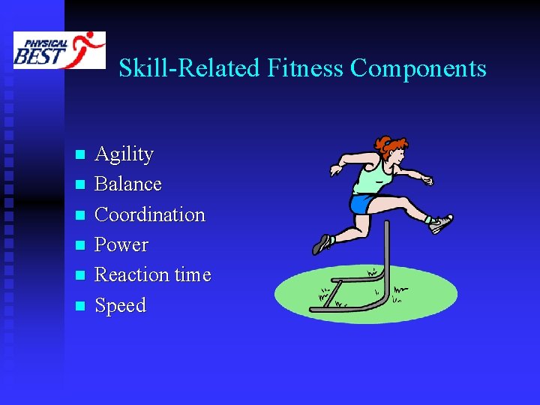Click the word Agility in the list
(x=124, y=154)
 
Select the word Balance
(x=128, y=184)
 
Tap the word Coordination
(x=150, y=214)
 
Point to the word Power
(x=121, y=245)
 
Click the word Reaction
(x=131, y=275)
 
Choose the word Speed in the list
(x=120, y=306)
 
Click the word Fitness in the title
(x=304, y=69)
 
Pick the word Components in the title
(x=418, y=69)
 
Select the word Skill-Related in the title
(x=188, y=69)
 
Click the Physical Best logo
(x=59, y=50)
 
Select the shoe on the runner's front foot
(x=440, y=223)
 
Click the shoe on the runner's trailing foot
(x=323, y=243)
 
